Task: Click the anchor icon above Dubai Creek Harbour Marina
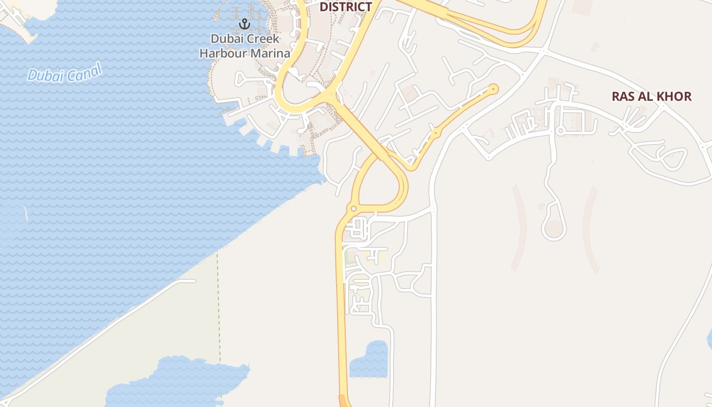coord(245,24)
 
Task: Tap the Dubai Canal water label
coord(65,73)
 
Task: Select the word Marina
coord(269,53)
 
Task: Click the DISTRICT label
coord(346,7)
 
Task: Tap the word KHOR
coord(674,97)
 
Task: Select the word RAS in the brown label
coord(623,97)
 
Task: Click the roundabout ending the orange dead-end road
coord(493,90)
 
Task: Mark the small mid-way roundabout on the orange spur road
coord(435,133)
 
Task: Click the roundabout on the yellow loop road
coord(353,209)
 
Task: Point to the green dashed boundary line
coord(219,305)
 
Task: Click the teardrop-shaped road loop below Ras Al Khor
coord(554,228)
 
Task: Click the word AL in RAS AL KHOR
coord(647,97)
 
